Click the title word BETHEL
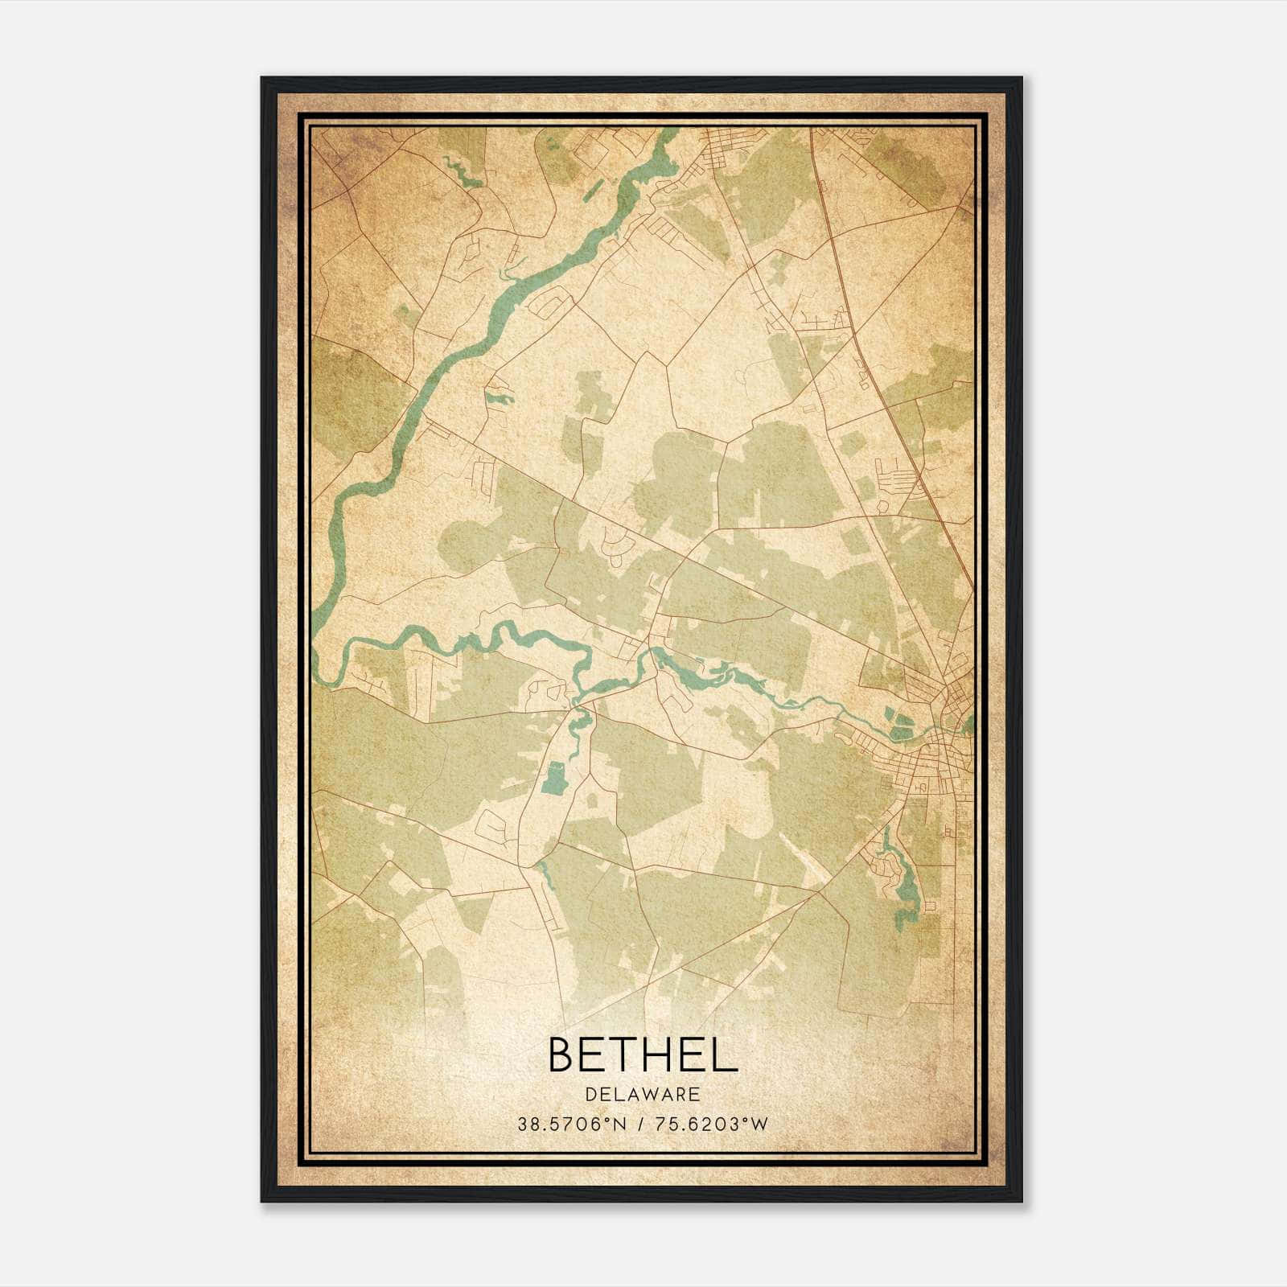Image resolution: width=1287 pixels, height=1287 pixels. tap(642, 1055)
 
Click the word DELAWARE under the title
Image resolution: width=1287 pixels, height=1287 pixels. tap(642, 1095)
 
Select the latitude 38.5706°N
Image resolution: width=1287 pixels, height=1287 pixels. tap(571, 1125)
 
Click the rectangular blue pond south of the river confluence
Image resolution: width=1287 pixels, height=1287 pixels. tap(553, 779)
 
